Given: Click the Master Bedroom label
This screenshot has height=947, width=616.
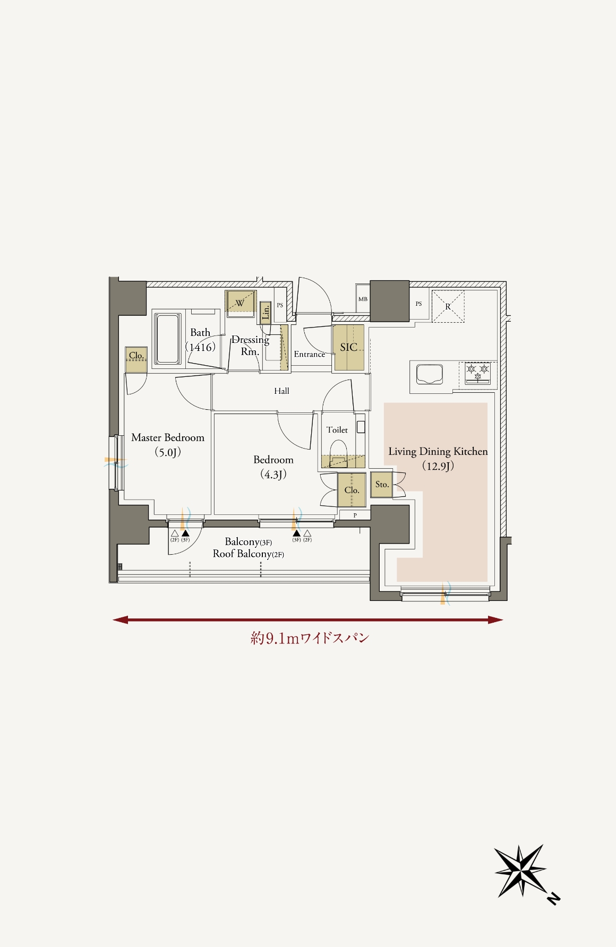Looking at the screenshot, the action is point(168,438).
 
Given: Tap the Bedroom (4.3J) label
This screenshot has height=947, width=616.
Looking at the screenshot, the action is point(273,467).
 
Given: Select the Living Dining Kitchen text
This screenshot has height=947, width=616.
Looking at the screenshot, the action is point(438,452).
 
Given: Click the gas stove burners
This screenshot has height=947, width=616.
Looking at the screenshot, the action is point(478,372).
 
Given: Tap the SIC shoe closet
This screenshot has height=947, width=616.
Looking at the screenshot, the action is point(348,348).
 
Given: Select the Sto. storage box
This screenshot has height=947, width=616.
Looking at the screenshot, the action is point(381,485).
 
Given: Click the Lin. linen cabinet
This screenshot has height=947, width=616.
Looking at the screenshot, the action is point(266,313).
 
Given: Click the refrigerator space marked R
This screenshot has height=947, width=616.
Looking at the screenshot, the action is point(448,306).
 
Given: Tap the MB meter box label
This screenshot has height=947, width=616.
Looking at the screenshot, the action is point(363,299).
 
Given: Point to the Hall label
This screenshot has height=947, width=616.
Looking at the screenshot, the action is point(282,391).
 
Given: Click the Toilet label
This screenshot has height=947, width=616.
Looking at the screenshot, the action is point(337,430).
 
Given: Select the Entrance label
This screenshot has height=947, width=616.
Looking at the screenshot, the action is point(310,354).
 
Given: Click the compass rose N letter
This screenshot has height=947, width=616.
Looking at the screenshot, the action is point(553,899).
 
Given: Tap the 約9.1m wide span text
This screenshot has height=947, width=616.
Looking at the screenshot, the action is point(310,638).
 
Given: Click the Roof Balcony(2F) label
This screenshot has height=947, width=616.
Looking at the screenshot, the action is point(249,554).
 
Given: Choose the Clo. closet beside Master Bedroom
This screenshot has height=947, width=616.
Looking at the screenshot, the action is point(136,360).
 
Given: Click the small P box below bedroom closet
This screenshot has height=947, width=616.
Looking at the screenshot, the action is point(355,515).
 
